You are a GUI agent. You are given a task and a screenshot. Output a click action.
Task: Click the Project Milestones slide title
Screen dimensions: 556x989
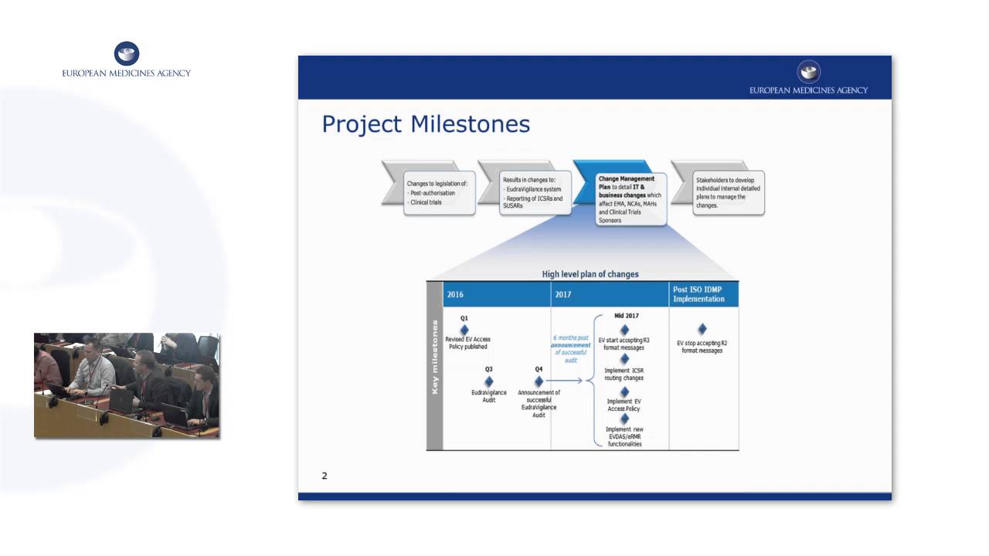[426, 124]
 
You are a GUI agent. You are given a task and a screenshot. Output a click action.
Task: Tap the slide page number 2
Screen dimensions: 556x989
[325, 476]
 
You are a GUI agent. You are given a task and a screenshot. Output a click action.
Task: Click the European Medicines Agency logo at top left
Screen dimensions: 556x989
[126, 60]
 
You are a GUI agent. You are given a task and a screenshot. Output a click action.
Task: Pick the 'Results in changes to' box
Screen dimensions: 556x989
[535, 192]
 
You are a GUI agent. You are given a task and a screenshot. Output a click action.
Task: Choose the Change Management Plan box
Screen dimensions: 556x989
[630, 198]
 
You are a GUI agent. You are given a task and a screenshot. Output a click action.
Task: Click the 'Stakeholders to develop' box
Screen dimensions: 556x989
[728, 192]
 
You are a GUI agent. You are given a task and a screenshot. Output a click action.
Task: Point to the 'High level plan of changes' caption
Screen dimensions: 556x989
[590, 274]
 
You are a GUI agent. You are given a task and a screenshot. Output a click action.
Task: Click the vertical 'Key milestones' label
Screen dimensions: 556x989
[435, 358]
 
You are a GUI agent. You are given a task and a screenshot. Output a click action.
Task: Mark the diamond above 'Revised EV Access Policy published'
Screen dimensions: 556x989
[464, 330]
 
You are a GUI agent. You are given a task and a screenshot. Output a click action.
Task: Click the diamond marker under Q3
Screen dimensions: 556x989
[489, 381]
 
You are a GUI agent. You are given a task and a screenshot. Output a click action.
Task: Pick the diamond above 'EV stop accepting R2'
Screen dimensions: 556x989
[702, 330]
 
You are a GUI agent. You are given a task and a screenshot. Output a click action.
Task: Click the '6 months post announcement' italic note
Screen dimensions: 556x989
[571, 348]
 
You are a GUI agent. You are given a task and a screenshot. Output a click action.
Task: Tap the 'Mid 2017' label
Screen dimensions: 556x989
[626, 316]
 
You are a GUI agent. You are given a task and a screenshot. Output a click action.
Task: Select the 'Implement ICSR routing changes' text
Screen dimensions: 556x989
[624, 375]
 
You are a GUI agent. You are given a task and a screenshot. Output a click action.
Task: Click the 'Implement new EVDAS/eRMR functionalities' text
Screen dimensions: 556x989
[624, 437]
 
